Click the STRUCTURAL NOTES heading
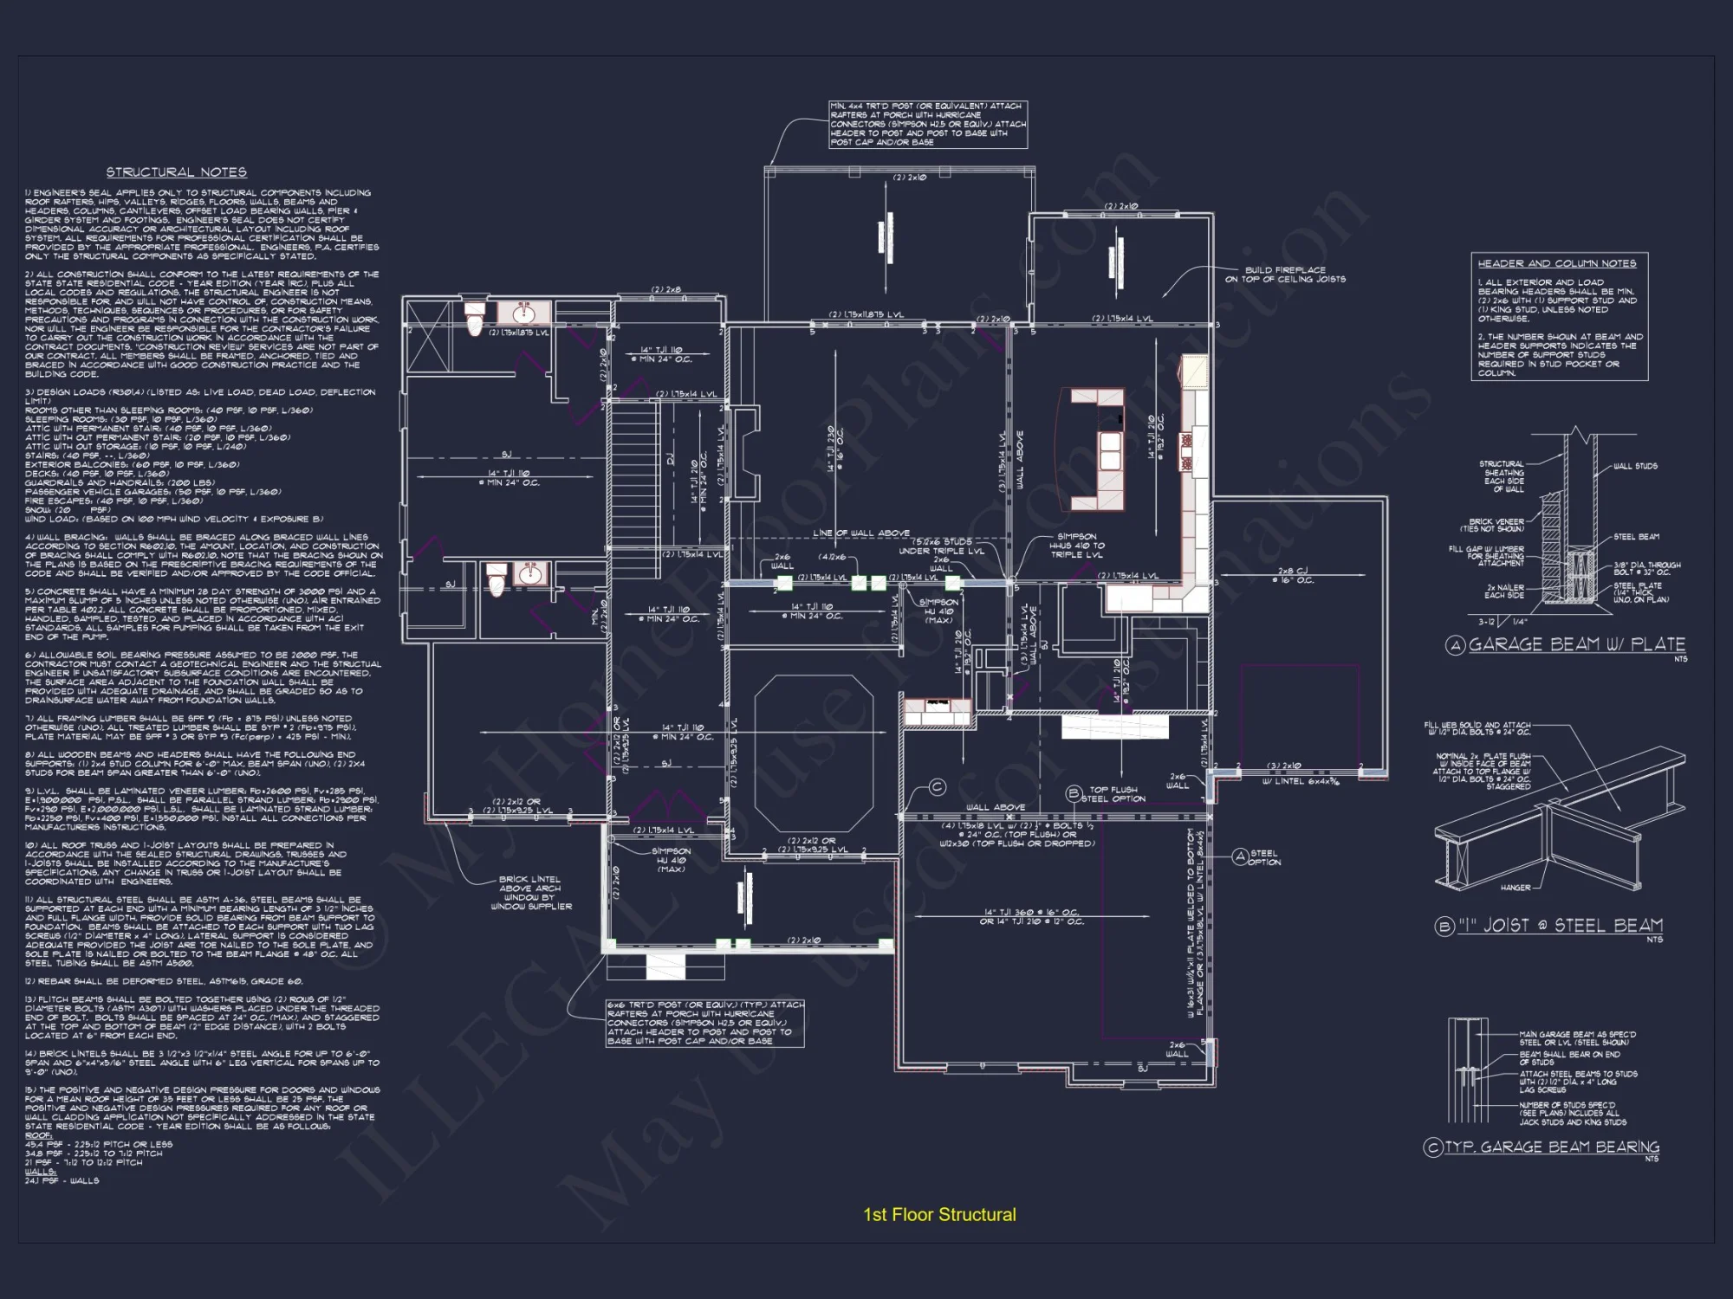tap(176, 172)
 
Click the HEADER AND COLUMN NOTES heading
tap(1556, 263)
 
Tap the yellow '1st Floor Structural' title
tap(939, 1215)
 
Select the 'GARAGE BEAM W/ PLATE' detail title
tap(1576, 644)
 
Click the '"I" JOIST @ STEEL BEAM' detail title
tap(1559, 926)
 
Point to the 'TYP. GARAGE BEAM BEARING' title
tap(1551, 1147)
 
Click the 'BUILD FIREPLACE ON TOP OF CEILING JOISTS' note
tap(1285, 275)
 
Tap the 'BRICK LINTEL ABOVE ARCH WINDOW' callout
tap(530, 893)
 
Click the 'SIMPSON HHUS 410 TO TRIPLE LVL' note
tap(1077, 546)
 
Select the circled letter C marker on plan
tap(937, 787)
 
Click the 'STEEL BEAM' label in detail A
tap(1636, 537)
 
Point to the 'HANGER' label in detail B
tap(1515, 888)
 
